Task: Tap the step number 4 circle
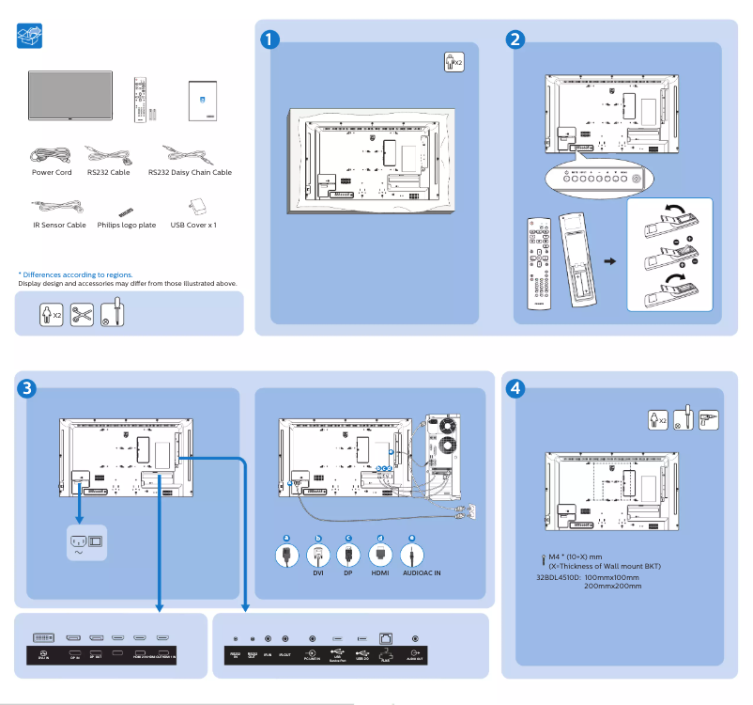[515, 387]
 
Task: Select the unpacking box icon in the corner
[30, 37]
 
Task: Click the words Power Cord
[52, 173]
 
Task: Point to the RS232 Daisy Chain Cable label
[190, 173]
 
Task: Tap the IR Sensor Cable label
[58, 226]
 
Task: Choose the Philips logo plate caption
[127, 226]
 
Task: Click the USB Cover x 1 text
[193, 226]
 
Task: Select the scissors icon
[82, 314]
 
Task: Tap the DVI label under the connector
[318, 572]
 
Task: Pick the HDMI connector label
[380, 572]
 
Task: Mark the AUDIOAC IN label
[422, 572]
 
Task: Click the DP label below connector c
[347, 572]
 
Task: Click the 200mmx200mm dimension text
[612, 586]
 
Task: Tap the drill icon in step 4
[709, 418]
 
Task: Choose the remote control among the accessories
[140, 99]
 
